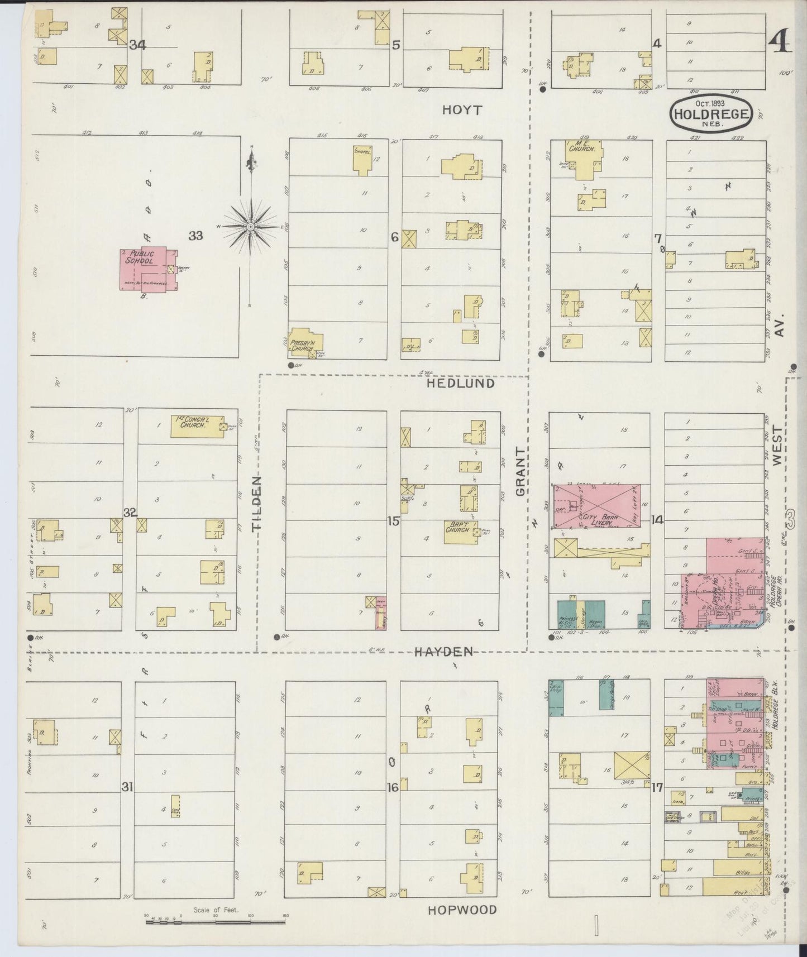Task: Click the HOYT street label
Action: point(461,110)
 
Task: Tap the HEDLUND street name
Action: point(461,384)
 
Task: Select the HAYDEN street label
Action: point(443,651)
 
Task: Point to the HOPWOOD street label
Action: point(462,910)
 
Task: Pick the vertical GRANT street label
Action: point(521,472)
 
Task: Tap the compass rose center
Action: point(251,227)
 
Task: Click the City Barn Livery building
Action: point(596,506)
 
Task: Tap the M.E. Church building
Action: point(584,158)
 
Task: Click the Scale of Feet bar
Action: point(216,922)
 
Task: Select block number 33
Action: point(195,236)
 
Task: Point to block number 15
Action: point(394,521)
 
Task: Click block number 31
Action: point(128,787)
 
